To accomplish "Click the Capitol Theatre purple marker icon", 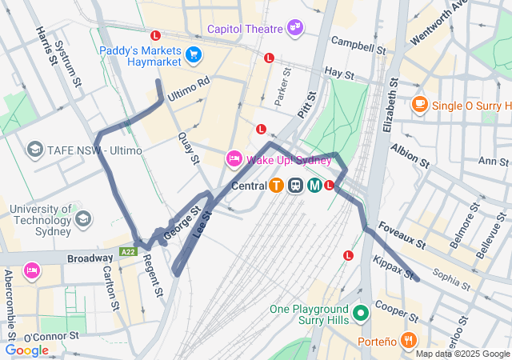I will pos(296,28).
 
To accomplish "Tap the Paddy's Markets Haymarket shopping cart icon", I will pos(193,55).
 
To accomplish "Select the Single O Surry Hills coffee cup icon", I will pos(419,105).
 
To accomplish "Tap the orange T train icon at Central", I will pos(276,186).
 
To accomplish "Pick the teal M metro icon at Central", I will pos(314,186).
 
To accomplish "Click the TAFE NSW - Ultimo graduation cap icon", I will pos(34,150).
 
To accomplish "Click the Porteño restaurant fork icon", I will pos(409,341).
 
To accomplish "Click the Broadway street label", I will pos(90,258).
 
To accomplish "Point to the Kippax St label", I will pos(394,268).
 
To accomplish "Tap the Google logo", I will pos(26,350).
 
